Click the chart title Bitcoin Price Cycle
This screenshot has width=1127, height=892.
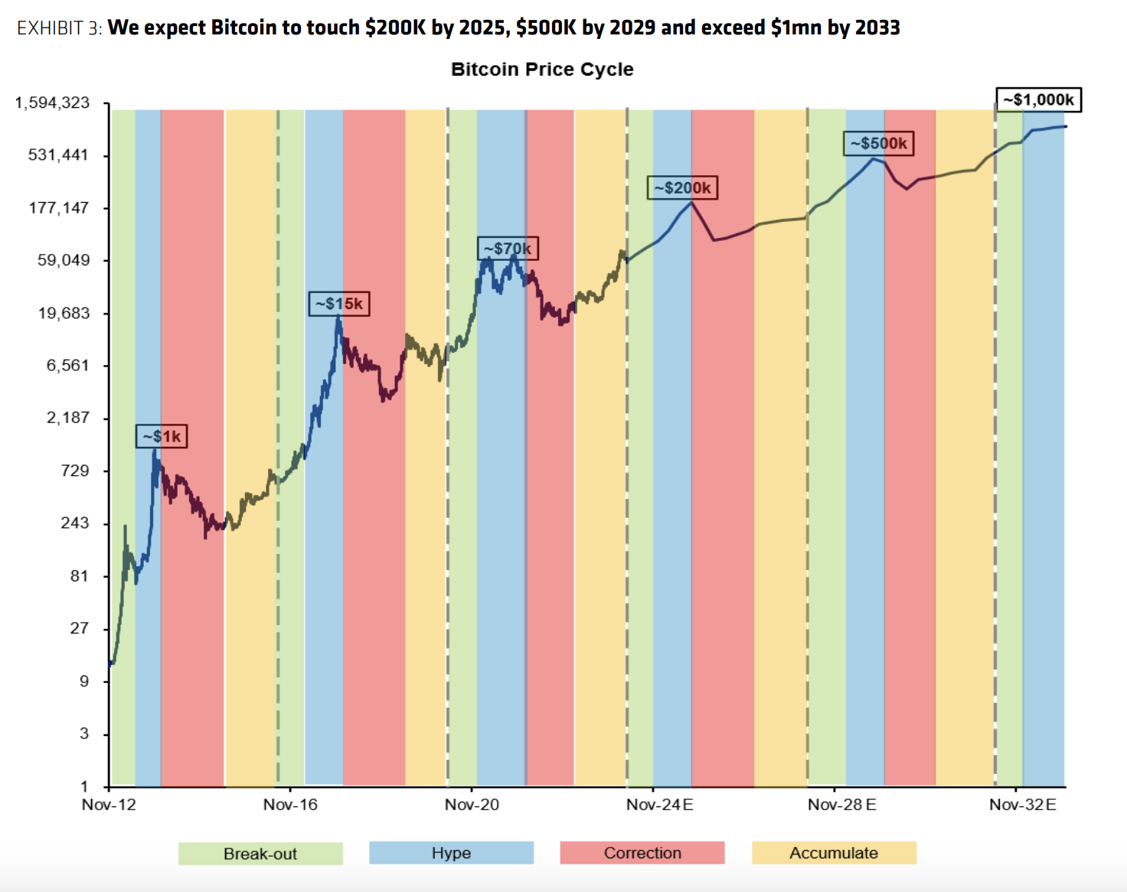click(x=542, y=70)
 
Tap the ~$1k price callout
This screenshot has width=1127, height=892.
click(x=162, y=436)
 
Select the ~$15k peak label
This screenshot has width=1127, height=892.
click(x=339, y=304)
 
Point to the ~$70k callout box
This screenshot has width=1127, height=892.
click(x=508, y=249)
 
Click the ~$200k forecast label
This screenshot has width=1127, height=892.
click(x=682, y=187)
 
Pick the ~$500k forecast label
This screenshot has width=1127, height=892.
click(x=878, y=143)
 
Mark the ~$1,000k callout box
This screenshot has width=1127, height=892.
click(x=1038, y=99)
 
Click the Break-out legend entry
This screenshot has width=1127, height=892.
click(x=260, y=854)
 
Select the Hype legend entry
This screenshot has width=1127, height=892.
click(x=451, y=853)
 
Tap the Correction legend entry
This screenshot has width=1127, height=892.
click(x=642, y=853)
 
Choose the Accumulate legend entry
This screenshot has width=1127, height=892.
click(x=834, y=853)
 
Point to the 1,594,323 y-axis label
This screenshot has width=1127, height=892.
click(x=52, y=103)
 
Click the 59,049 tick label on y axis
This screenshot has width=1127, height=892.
click(x=64, y=260)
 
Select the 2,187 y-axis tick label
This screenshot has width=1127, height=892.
click(x=67, y=418)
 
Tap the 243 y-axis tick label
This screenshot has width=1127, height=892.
click(x=75, y=523)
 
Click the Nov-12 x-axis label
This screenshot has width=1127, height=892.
click(x=109, y=805)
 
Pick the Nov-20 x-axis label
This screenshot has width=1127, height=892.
click(x=472, y=805)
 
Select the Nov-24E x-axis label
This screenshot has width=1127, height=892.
click(x=659, y=805)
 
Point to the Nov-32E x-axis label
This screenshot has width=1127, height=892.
click(x=1022, y=805)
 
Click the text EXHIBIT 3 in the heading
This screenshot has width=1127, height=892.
click(x=59, y=28)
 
